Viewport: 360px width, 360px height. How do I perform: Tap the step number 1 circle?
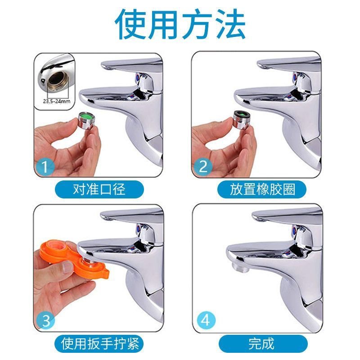[x=45, y=167]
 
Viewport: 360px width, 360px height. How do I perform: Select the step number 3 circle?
[x=45, y=321]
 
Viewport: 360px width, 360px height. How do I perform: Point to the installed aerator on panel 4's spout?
[x=240, y=267]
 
